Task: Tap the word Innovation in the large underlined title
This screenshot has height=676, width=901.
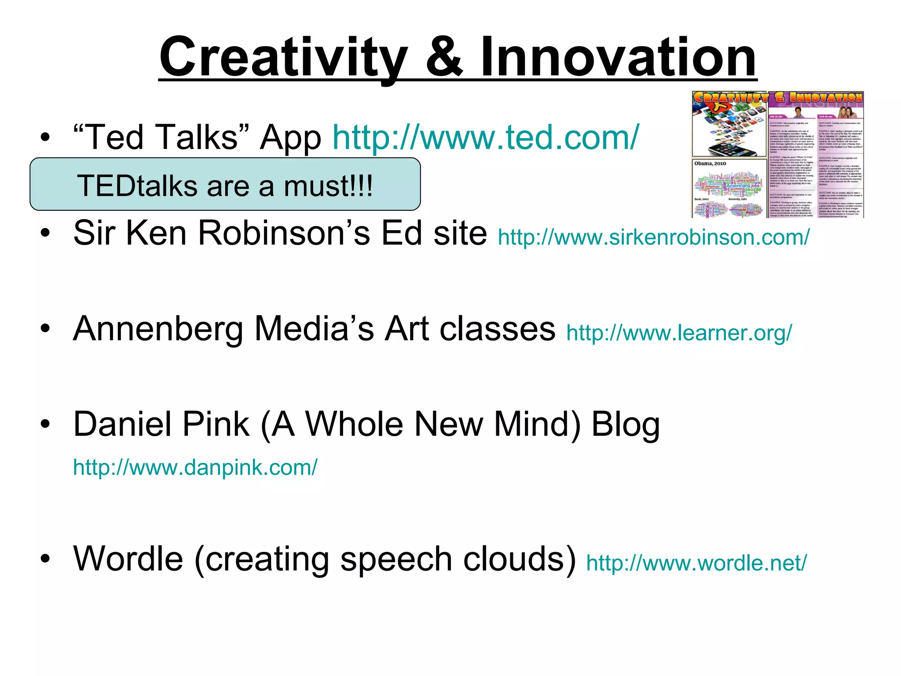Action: [x=618, y=57]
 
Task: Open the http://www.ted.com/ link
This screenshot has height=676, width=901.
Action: [x=486, y=137]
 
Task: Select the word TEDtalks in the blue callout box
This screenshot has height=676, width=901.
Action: [x=137, y=186]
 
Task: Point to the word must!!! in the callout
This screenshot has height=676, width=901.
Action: [x=328, y=186]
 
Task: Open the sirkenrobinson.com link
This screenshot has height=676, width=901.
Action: [x=653, y=237]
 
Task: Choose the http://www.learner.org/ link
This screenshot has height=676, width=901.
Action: [x=679, y=333]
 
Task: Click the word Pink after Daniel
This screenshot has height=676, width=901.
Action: [x=216, y=424]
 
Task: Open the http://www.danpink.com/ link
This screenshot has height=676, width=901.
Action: [x=195, y=467]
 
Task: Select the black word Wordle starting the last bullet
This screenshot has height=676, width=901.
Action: [x=128, y=559]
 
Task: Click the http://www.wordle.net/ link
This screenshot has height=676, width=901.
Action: [x=696, y=563]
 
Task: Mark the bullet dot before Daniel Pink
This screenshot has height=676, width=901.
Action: [x=45, y=424]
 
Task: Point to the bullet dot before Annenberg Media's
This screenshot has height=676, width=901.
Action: [x=45, y=329]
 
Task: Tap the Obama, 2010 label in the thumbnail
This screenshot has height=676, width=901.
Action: [x=710, y=164]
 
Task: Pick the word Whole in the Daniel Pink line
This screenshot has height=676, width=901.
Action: [x=354, y=424]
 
